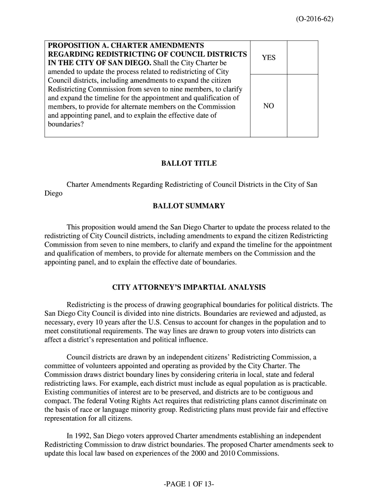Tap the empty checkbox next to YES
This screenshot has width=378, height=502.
pyautogui.click(x=302, y=57)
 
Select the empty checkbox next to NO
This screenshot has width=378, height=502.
pyautogui.click(x=302, y=105)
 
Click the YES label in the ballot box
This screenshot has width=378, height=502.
pyautogui.click(x=269, y=57)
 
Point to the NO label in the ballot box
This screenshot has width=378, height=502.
pyautogui.click(x=269, y=106)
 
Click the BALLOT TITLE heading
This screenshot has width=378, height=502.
pyautogui.click(x=189, y=163)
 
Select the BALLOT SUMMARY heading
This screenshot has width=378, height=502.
pyautogui.click(x=189, y=206)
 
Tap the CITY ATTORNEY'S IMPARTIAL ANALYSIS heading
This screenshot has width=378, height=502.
pyautogui.click(x=189, y=287)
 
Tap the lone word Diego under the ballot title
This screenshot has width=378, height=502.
pyautogui.click(x=54, y=194)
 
